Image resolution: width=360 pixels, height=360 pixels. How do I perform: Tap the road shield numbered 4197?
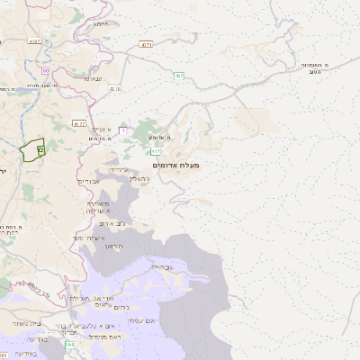pos(34,40)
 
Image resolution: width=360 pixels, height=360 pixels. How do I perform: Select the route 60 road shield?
pos(45,70)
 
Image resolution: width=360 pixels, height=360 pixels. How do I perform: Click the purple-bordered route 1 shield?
pos(121,130)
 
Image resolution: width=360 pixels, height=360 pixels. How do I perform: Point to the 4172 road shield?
pos(80,124)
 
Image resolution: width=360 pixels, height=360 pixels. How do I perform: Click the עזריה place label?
pos(119,168)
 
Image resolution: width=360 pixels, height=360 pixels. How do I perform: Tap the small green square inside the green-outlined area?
pos(40,150)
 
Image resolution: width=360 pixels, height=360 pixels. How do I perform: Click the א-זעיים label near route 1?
pos(98,130)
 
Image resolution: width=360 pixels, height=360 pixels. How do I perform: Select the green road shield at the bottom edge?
pos(70,344)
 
